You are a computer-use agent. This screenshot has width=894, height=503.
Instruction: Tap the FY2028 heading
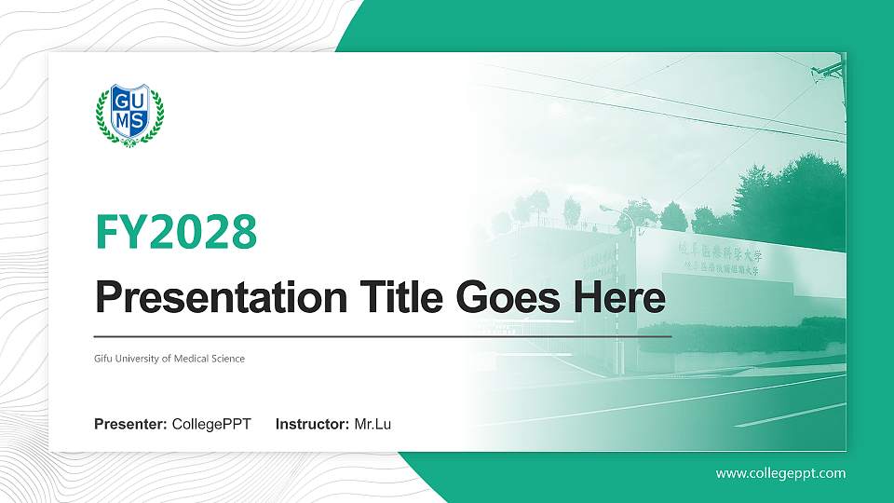point(176,233)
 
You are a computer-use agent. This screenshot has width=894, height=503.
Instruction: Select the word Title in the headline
point(391,299)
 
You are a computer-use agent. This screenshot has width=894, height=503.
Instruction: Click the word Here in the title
point(621,299)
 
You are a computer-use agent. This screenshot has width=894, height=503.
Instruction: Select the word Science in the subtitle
point(225,359)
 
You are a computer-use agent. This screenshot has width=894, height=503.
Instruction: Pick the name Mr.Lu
point(372,425)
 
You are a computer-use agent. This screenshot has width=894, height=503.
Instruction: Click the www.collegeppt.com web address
point(780,473)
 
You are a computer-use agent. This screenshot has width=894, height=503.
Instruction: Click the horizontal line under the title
point(382,335)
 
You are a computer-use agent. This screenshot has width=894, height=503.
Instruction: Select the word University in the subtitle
point(137,359)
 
